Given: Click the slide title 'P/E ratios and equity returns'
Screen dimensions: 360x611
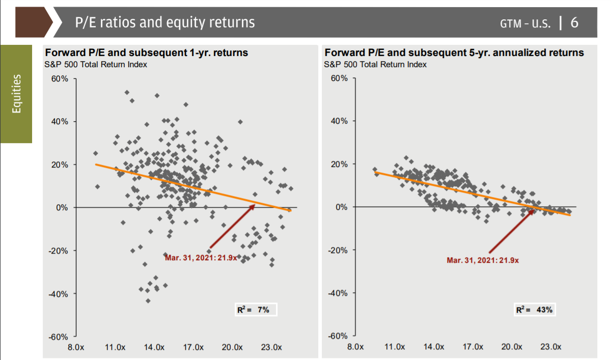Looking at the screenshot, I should click(x=164, y=22).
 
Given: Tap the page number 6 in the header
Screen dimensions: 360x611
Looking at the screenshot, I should click(x=575, y=22).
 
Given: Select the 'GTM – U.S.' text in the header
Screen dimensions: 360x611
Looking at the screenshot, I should click(x=525, y=23).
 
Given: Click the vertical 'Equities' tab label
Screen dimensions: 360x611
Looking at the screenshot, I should click(x=16, y=94).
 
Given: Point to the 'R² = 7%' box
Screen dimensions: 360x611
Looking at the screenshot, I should click(x=253, y=310).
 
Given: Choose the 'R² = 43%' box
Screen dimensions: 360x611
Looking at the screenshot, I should click(x=534, y=310).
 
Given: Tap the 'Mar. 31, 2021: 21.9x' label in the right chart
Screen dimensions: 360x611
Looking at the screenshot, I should click(x=483, y=260).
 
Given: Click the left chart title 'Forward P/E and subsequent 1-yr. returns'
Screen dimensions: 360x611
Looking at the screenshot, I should click(x=147, y=53).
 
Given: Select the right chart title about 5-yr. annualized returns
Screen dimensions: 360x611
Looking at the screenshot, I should click(x=454, y=53).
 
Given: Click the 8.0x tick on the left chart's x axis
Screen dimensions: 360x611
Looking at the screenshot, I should click(x=76, y=347).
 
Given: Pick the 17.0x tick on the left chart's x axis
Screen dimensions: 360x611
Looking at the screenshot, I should click(x=193, y=347).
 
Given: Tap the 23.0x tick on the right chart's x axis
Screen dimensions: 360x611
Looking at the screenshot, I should click(x=550, y=347).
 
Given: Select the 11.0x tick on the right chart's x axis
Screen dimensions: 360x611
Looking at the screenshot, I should click(x=394, y=347).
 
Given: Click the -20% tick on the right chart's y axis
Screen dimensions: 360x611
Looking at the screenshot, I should click(x=338, y=251).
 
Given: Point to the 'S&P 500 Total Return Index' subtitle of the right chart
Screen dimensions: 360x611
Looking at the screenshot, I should click(x=375, y=64).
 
